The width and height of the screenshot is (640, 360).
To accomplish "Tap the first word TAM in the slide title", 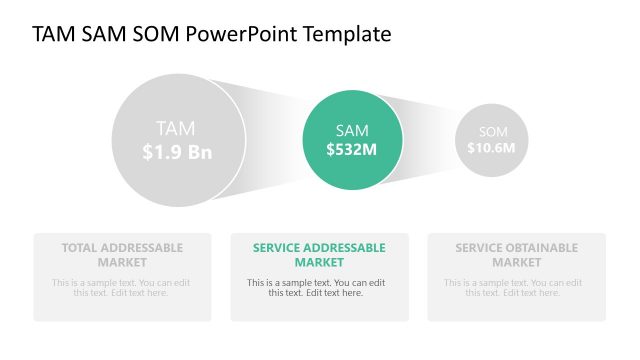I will point(53,34).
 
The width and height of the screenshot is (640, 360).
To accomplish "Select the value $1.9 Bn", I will point(177,152).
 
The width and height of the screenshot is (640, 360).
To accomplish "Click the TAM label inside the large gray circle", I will point(176,128).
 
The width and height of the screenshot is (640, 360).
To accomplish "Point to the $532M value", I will point(352,150).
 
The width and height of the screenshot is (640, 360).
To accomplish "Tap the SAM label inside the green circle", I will point(352,131).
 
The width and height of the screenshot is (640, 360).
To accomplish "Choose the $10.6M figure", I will point(491,148).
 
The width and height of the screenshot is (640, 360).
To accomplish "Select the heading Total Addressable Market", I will point(122,255).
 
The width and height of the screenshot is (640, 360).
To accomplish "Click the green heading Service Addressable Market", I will point(319,255).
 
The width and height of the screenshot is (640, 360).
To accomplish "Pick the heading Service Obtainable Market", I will point(516,255).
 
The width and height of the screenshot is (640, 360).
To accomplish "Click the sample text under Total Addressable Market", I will point(122,288).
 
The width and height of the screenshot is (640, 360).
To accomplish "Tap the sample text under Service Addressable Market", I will point(319,288).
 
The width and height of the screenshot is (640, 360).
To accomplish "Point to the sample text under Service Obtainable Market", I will point(516,288).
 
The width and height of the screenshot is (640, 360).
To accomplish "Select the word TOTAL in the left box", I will point(81,248).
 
